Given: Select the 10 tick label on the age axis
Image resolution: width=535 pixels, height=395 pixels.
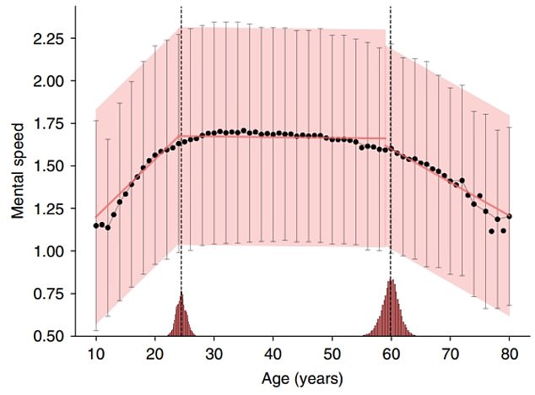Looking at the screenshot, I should pos(96,353).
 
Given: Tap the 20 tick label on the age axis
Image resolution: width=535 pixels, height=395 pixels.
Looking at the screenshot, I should pos(155,353).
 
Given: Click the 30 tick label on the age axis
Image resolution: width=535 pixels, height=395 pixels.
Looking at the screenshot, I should pos(214,353).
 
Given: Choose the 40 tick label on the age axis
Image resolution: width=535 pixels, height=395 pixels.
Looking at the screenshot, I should pos(273,353).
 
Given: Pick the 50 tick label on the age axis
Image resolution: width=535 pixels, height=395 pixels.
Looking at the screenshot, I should pos(332,353).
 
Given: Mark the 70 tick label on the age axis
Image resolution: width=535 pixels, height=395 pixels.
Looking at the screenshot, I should pos(451,353).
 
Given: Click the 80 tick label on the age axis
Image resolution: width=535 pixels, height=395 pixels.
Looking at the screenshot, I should pos(510,353).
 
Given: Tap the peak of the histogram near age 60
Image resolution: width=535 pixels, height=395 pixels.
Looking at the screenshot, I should pos(391,281).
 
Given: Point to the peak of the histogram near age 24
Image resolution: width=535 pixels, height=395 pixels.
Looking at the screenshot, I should pos(181,294).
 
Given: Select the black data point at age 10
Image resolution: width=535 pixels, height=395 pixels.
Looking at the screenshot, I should pos(96,225).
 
